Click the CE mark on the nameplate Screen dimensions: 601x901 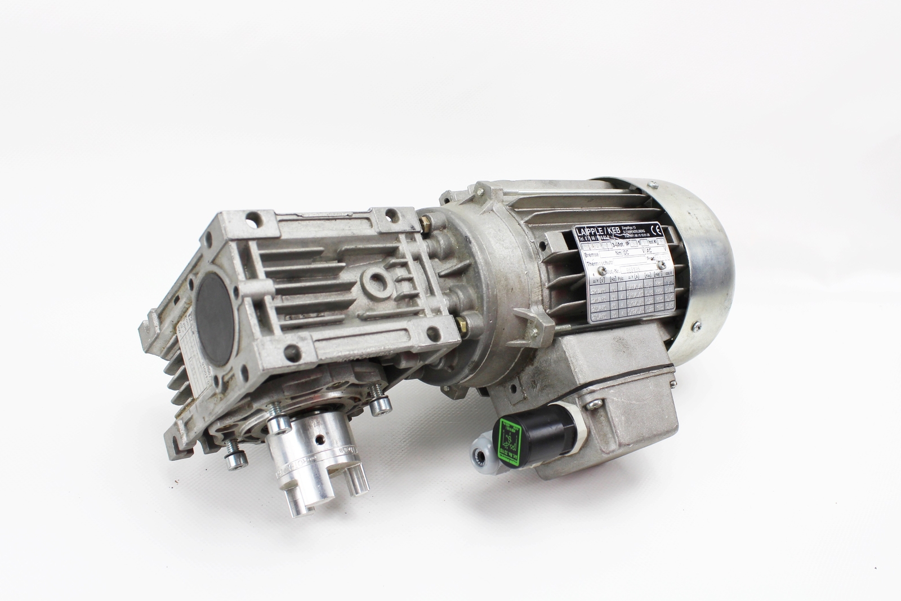pos(655,232)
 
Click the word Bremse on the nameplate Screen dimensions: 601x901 pos(591,254)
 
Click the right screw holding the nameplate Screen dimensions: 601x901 pos(662,266)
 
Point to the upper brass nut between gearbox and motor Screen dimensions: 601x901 pos(429,225)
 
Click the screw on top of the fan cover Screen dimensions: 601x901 pos(653,185)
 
